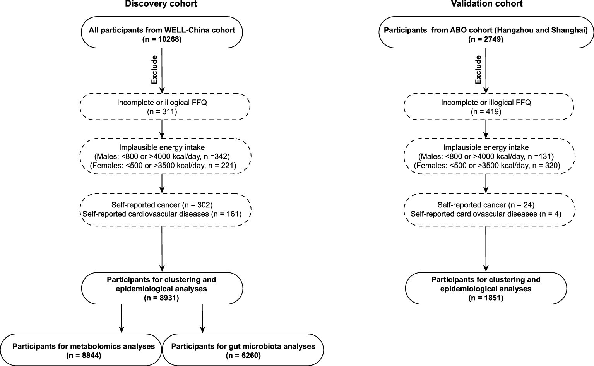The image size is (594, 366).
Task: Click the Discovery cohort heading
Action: pos(161,4)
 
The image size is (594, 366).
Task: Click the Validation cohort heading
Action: pos(486,4)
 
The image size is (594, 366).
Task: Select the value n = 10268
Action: pos(162,39)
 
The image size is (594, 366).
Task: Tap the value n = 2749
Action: pos(486,39)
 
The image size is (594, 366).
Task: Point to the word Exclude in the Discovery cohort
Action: pos(154,70)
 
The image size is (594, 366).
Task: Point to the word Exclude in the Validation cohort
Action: pos(478,70)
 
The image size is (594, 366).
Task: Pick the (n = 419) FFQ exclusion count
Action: pos(486,112)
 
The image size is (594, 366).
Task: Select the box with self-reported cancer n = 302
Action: pos(165,209)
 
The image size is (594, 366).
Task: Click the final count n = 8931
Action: pos(162,298)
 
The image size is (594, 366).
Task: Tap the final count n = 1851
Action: pos(486,298)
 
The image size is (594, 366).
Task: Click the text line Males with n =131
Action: pos(486,157)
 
